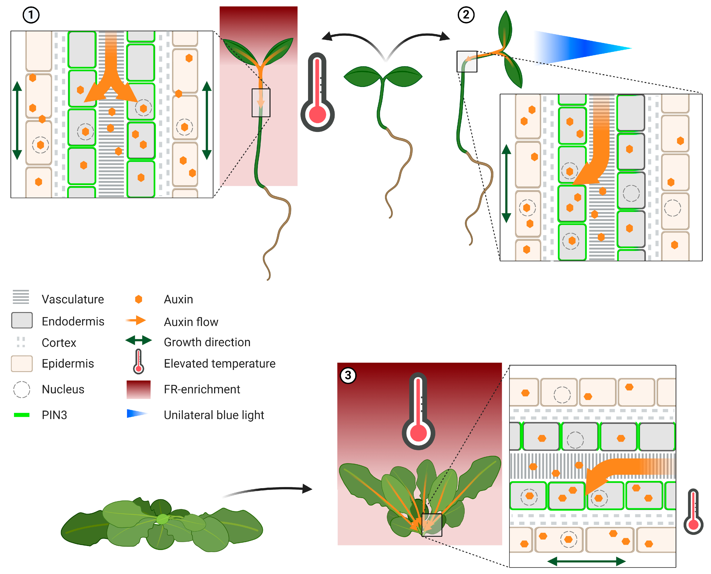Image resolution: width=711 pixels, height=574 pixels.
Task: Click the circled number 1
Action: pos(31,15)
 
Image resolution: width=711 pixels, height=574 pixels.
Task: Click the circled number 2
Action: pos(466,15)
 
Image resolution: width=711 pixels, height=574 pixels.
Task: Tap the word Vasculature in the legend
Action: pos(73,299)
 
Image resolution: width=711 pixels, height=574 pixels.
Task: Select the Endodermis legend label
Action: pos(73,321)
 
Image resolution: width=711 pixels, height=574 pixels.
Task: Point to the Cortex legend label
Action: pos(59,343)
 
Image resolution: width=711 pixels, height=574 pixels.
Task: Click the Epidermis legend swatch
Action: pos(22,364)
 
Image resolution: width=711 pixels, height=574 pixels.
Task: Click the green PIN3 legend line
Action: pos(22,415)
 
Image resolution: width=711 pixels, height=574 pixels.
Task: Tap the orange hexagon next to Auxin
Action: pos(139,299)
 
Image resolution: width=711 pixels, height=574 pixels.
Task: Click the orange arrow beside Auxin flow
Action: pos(136,320)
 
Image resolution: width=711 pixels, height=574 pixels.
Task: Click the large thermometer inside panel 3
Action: pos(418,411)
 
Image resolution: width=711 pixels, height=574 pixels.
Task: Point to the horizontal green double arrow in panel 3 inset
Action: pos(586,561)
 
